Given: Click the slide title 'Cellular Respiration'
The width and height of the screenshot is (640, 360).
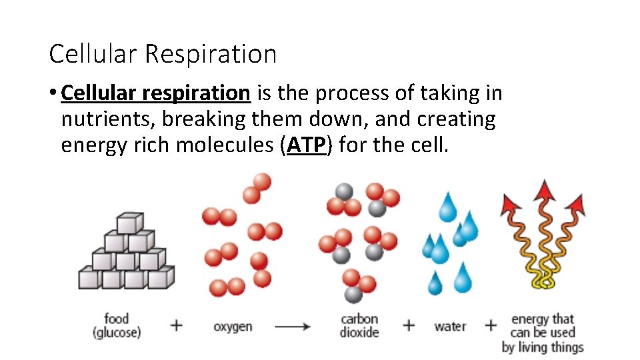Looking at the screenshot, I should click(x=163, y=54).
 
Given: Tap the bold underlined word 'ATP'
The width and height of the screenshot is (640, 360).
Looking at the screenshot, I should click(x=307, y=145).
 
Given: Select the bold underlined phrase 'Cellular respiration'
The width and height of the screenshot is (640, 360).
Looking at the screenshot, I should click(x=155, y=93).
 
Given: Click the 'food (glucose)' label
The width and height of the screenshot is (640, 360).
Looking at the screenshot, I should click(x=117, y=325).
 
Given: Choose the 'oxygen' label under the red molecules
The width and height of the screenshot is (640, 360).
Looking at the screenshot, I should click(x=233, y=327).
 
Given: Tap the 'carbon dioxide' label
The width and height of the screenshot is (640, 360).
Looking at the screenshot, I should click(x=359, y=325).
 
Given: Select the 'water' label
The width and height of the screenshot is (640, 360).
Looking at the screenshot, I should click(x=450, y=326).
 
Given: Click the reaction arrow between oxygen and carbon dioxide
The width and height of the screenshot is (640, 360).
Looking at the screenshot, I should click(x=293, y=327).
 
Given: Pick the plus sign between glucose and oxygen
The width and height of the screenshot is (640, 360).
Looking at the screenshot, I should click(x=176, y=325).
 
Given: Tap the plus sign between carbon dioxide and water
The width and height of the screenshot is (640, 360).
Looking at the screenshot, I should click(x=409, y=325).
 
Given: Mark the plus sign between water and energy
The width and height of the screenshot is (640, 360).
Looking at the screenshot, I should click(x=491, y=325).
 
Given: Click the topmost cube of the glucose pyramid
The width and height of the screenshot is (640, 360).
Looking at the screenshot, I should click(x=129, y=222).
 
